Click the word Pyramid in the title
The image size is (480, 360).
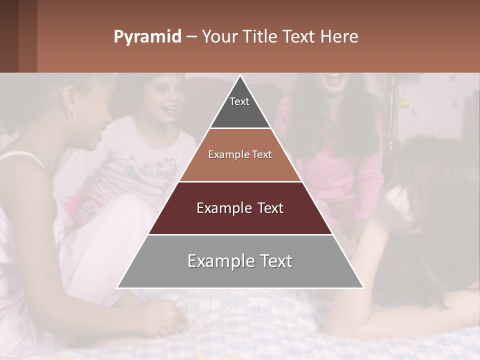pyautogui.click(x=147, y=37)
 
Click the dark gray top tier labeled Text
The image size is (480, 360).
pyautogui.click(x=239, y=107)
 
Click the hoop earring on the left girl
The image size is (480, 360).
pyautogui.click(x=72, y=113)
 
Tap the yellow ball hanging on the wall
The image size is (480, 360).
pyautogui.click(x=404, y=103)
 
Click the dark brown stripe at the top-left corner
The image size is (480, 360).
pyautogui.click(x=9, y=36)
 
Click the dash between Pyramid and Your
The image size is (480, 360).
pyautogui.click(x=191, y=37)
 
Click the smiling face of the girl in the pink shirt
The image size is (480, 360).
pyautogui.click(x=165, y=97)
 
